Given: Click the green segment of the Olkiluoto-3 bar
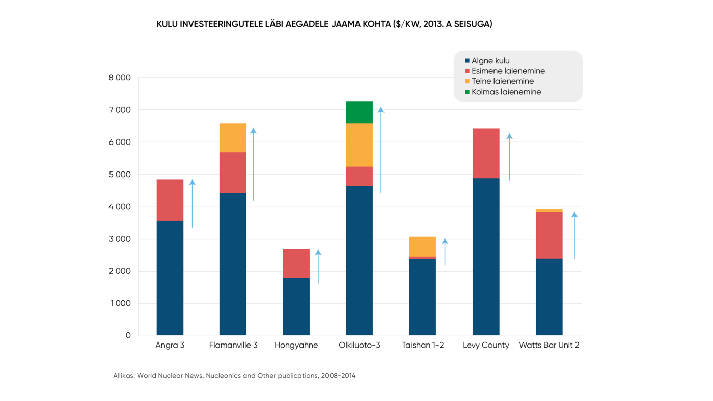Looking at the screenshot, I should click(359, 112).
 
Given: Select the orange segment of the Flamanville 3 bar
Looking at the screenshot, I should click(233, 137).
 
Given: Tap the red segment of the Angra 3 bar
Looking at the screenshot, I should click(170, 200).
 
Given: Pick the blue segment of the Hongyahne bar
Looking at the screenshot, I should click(296, 306).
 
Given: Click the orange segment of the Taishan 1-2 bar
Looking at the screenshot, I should click(422, 246).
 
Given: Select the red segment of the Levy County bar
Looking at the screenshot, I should click(486, 153).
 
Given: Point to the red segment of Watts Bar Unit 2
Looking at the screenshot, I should click(549, 235).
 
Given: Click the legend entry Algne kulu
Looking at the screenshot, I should click(490, 61).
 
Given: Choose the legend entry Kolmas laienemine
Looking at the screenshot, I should click(506, 92).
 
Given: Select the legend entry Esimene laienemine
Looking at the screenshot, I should click(508, 71).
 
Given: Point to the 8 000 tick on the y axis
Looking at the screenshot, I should click(120, 78).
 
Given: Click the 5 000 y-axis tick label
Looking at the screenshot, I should click(120, 175).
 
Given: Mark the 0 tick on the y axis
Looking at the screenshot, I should click(128, 335).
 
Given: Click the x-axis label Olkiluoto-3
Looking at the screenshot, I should click(359, 345).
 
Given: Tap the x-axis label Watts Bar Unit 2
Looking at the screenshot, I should click(549, 345).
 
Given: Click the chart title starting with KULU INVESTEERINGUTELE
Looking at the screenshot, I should click(324, 24).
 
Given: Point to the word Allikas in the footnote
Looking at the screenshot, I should click(124, 376).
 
